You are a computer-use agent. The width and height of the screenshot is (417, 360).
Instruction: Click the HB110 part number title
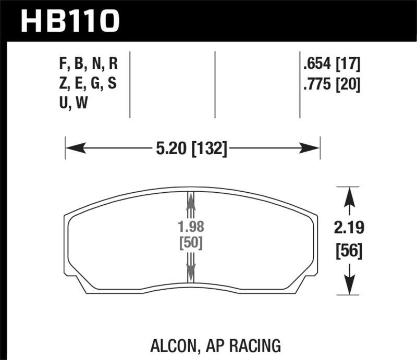point(70,20)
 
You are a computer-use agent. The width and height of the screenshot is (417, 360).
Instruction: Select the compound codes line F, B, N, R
point(89,65)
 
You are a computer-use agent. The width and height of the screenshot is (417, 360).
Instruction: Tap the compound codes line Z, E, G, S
point(89,84)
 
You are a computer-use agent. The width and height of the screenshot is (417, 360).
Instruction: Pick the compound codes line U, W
point(73,103)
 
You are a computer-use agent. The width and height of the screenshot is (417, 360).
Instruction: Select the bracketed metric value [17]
point(349,65)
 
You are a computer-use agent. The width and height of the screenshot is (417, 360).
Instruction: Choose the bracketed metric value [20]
point(349,84)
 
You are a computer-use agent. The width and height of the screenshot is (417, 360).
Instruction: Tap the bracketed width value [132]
point(209,150)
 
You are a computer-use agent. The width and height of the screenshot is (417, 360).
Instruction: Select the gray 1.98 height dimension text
point(190,228)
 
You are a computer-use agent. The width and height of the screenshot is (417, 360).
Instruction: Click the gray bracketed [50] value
point(190,243)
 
